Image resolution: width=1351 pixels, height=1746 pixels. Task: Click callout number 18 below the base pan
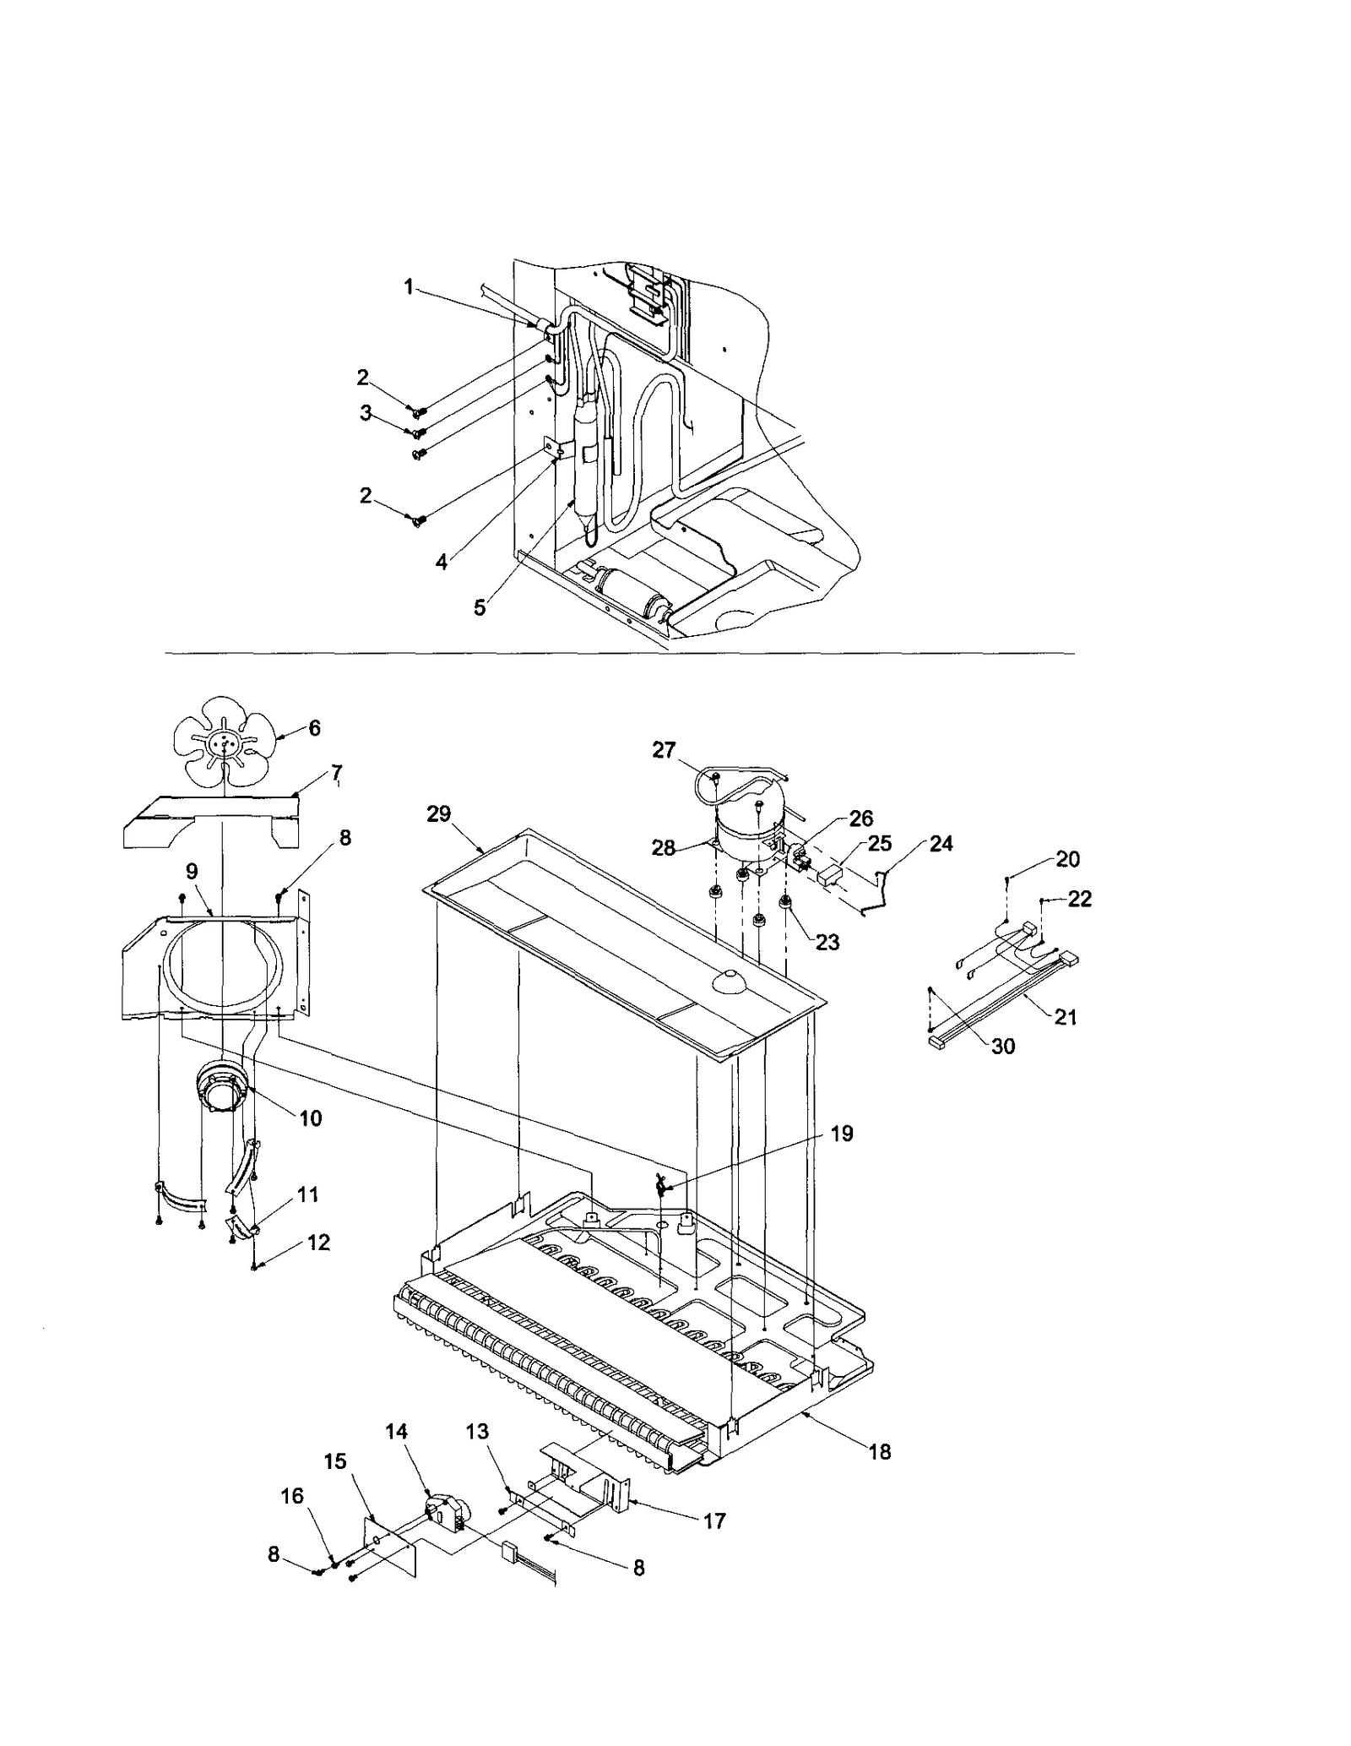click(880, 1452)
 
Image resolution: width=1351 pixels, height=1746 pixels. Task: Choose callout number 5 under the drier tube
click(480, 607)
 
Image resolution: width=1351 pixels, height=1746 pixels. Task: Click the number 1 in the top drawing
click(409, 287)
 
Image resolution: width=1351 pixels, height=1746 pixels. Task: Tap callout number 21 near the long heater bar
click(1066, 1017)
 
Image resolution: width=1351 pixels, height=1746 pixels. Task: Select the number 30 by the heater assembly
click(1002, 1046)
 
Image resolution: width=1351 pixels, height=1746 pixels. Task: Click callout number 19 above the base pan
click(842, 1134)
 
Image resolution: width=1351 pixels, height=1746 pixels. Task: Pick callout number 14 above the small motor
click(397, 1432)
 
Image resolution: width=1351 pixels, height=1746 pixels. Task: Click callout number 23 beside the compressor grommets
click(827, 942)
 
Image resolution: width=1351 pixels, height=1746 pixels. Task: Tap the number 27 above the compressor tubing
click(665, 750)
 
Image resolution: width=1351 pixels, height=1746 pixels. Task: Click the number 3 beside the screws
click(366, 413)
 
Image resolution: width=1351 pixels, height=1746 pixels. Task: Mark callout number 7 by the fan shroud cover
click(336, 771)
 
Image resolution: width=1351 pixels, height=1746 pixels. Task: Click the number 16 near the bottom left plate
click(291, 1496)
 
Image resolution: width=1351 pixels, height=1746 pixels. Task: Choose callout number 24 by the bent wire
click(941, 843)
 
